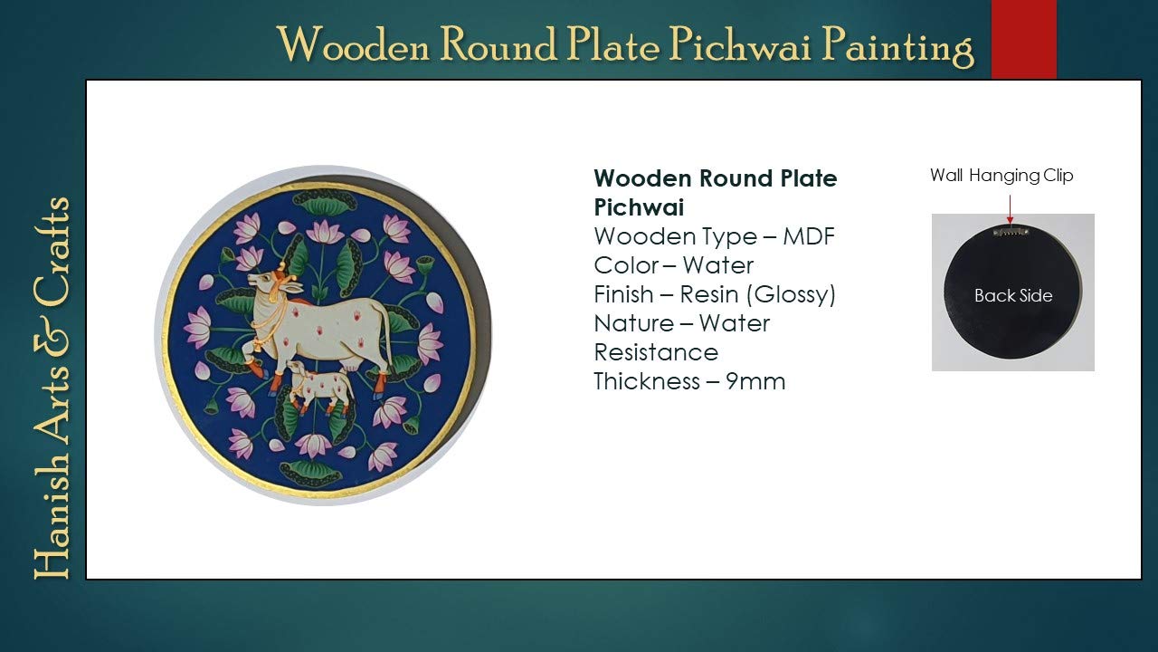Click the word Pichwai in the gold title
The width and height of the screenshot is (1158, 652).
pos(740,46)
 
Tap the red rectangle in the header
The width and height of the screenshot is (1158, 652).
pos(1023,39)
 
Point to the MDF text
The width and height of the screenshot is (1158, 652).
pos(809,236)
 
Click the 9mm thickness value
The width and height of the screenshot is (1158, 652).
pos(755,382)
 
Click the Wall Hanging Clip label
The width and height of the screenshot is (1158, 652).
pos(1001,176)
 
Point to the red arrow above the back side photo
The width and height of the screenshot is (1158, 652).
pos(1010,209)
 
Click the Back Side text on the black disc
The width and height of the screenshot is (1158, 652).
pos(1013,296)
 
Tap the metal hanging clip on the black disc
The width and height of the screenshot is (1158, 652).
pos(1011,231)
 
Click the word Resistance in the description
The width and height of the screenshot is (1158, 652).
pos(656,353)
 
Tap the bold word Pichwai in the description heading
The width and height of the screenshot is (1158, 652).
pos(639,207)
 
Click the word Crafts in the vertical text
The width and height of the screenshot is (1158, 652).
pos(52,251)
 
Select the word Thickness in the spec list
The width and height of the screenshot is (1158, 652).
pos(647,382)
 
